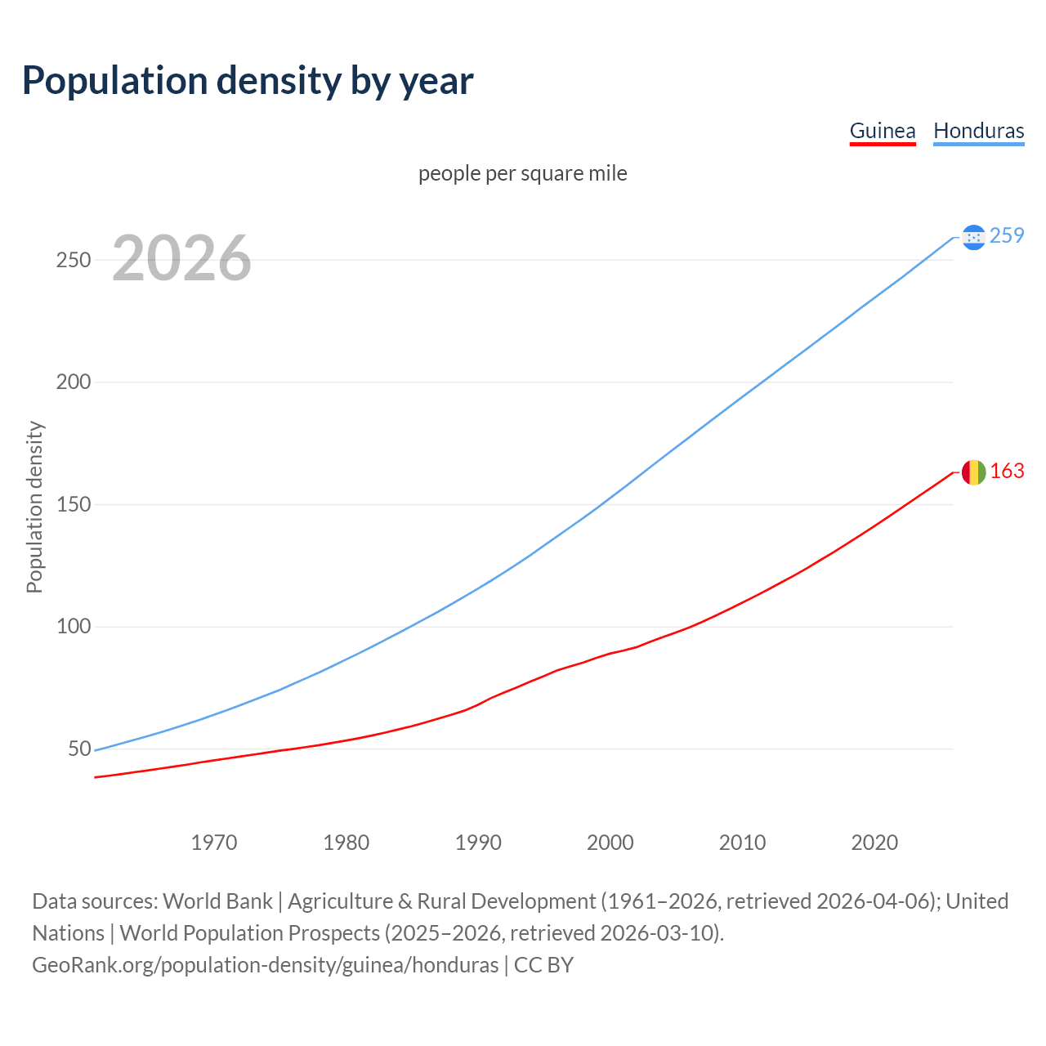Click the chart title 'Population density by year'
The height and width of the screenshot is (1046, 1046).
coord(248,81)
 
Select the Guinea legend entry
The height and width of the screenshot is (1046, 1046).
coord(883,131)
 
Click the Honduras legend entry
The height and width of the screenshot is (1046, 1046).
coord(978,131)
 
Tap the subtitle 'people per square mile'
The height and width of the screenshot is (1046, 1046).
coord(523,173)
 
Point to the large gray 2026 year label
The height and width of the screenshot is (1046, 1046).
coord(181,258)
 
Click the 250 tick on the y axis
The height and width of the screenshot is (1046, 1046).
coord(74,260)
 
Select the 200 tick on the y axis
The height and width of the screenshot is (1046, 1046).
coord(74,382)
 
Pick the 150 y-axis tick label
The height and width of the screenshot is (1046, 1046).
coord(74,504)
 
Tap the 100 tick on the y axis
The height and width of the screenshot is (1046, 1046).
coord(74,627)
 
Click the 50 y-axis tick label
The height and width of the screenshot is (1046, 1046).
coord(79,749)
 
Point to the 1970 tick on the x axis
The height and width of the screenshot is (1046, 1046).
coord(214,843)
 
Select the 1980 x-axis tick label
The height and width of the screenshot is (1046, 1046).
coord(346,843)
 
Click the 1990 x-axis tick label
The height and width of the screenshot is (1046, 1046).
coord(478,843)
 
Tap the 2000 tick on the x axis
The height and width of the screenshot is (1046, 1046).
coord(610,843)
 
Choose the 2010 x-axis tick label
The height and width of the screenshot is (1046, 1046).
coord(742,843)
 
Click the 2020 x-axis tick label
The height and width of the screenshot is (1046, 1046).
coord(874,843)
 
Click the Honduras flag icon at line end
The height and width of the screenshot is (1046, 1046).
coord(973,237)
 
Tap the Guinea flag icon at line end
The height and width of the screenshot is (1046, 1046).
coord(973,472)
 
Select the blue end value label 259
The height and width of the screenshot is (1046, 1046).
coord(1007,236)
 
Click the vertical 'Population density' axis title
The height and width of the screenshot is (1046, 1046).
coord(34,507)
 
